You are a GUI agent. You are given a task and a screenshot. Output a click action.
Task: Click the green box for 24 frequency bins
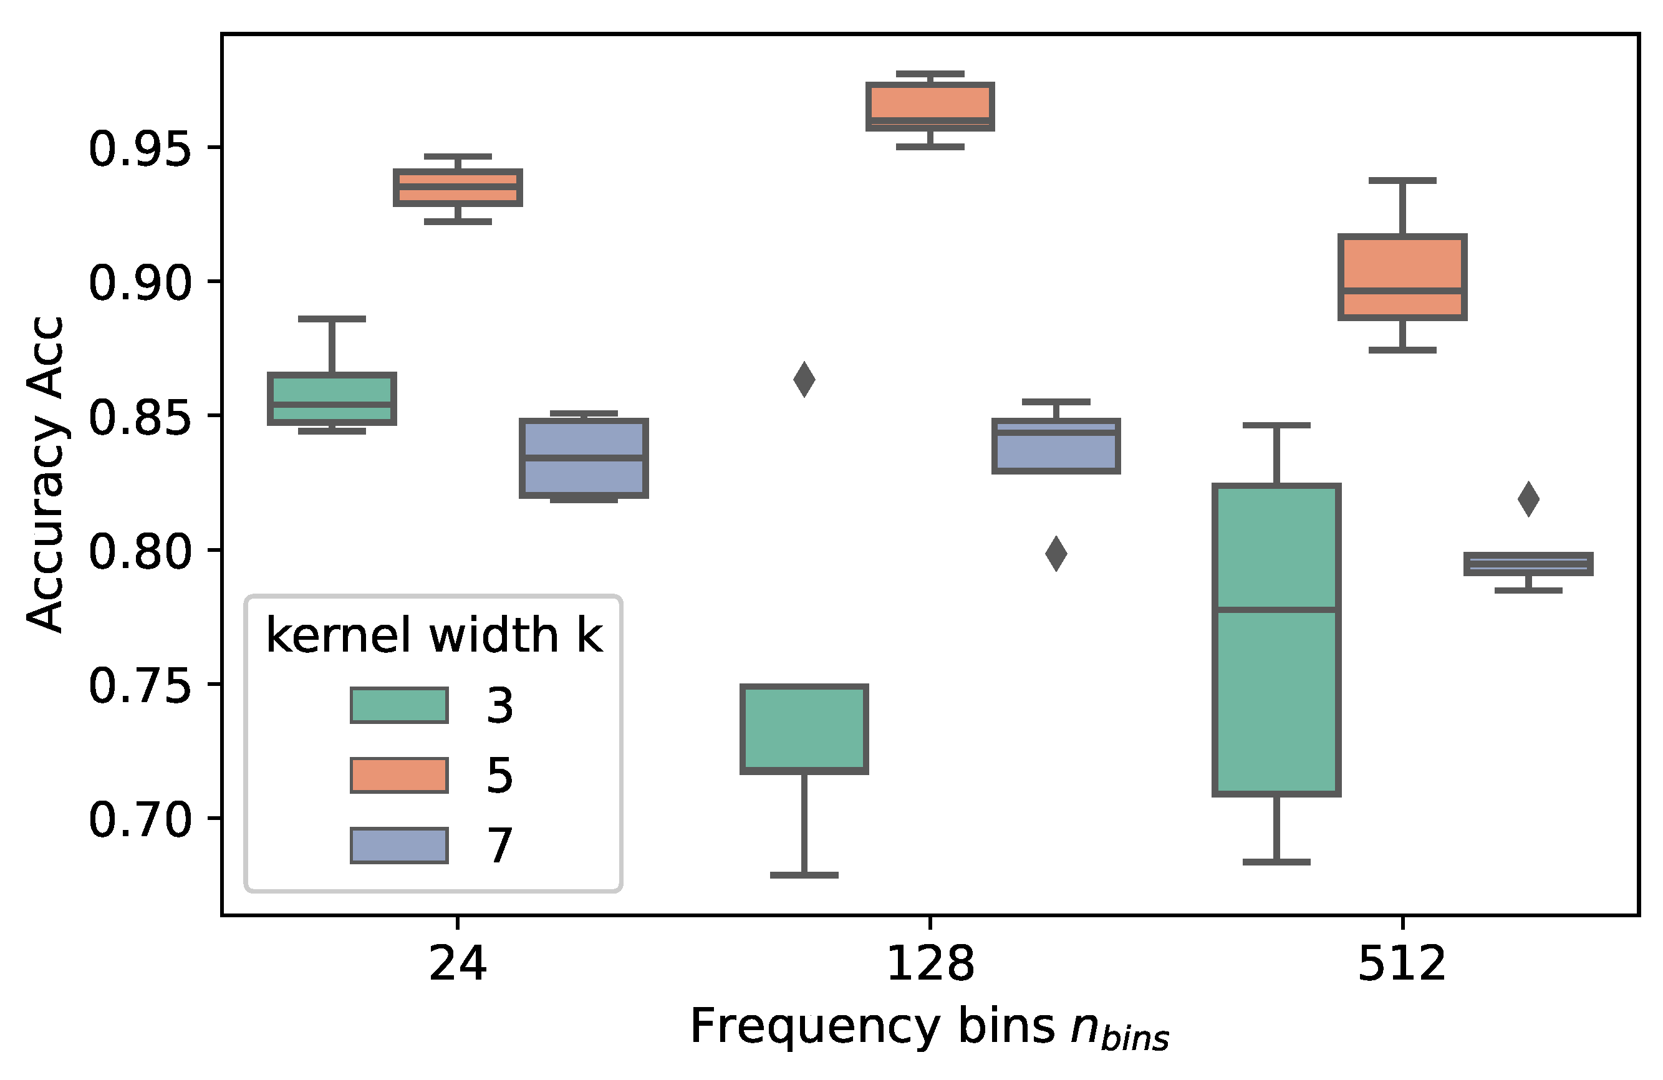(332, 398)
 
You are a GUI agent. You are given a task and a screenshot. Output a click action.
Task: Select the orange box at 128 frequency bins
(930, 106)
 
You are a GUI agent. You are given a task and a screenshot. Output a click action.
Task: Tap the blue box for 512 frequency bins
(1528, 564)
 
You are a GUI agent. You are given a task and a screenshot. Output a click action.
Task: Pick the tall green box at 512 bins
(1276, 639)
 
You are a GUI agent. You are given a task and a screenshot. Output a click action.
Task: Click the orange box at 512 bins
(1402, 277)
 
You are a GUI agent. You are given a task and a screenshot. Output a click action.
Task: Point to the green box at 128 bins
(804, 728)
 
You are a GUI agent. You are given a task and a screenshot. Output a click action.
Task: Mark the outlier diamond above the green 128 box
(804, 379)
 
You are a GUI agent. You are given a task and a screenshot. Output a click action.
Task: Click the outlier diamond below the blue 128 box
(1056, 554)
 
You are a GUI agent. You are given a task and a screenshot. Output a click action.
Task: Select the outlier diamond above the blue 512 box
(1528, 499)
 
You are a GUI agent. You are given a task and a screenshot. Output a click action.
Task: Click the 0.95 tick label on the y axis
(140, 149)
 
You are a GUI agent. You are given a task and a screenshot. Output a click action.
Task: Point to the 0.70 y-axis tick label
(140, 819)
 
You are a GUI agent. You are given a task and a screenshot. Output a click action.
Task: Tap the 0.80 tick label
(140, 551)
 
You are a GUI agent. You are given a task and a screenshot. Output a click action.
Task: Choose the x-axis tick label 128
(930, 964)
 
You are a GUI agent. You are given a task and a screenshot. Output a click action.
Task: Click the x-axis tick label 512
(1402, 964)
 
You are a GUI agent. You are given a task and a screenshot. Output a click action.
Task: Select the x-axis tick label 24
(458, 964)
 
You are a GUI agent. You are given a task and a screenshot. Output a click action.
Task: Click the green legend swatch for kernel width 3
(399, 706)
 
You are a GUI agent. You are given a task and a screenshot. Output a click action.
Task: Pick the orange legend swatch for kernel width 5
(399, 776)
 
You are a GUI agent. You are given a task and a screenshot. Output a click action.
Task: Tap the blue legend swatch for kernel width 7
(399, 846)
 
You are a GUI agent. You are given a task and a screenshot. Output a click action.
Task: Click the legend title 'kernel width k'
(434, 635)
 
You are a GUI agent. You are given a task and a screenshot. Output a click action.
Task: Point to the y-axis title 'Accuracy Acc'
(46, 475)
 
